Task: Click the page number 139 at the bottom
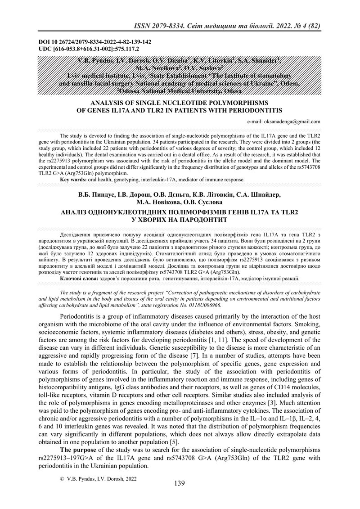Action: pyautogui.click(x=179, y=483)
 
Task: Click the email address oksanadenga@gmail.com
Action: pyautogui.click(x=283, y=122)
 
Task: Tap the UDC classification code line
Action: pyautogui.click(x=90, y=48)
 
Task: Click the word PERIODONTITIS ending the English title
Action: pyautogui.click(x=253, y=110)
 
